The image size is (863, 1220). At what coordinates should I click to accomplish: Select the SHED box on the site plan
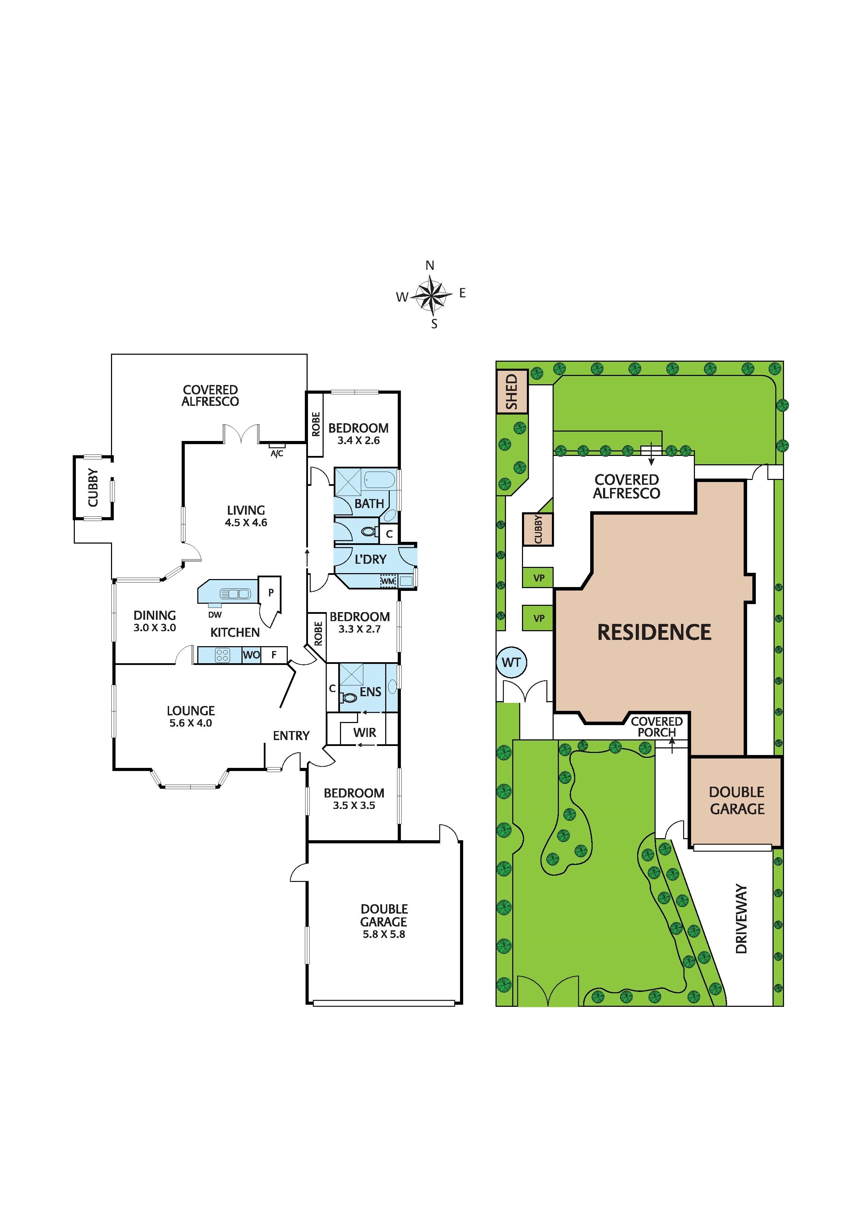click(x=512, y=392)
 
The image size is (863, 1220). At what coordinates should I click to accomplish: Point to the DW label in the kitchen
click(x=215, y=615)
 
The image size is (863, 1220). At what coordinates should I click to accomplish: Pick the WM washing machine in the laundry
click(x=388, y=581)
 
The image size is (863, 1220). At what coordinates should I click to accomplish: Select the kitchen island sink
click(x=235, y=594)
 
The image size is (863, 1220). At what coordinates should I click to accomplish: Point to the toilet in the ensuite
click(x=349, y=697)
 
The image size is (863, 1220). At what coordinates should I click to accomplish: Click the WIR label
click(x=365, y=733)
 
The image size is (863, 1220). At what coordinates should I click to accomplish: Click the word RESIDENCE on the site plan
click(x=655, y=632)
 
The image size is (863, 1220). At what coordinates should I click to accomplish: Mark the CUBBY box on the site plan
click(x=538, y=529)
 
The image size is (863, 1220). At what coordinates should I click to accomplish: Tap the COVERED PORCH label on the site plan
click(x=657, y=727)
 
